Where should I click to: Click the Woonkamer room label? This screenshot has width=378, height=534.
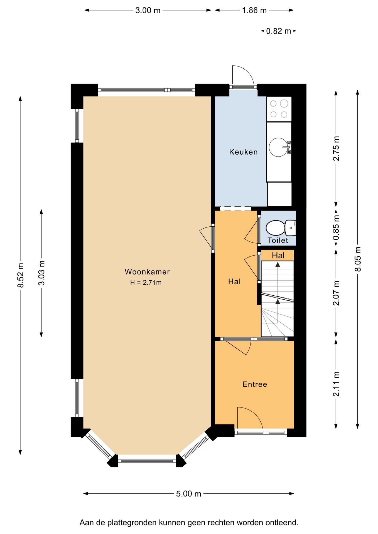[x=147, y=272]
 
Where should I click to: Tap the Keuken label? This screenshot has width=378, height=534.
[x=244, y=152]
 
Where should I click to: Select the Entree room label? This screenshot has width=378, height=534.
[x=255, y=384]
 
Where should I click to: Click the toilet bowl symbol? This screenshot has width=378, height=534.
[x=281, y=228]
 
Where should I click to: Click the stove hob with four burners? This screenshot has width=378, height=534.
[x=279, y=109]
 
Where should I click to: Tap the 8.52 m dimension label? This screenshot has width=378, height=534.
[x=20, y=275]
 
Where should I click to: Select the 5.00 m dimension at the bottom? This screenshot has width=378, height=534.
[x=188, y=494]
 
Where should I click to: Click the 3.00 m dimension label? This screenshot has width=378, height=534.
[x=148, y=10]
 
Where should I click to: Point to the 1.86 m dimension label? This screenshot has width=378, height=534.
[x=254, y=10]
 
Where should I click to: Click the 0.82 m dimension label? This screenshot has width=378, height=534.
[x=278, y=31]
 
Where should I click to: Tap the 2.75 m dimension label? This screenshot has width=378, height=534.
[x=336, y=148]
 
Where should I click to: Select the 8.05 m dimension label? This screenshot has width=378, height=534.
[x=358, y=259]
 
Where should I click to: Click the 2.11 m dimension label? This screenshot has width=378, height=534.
[x=336, y=384]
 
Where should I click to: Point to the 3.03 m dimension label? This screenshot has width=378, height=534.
[x=41, y=273]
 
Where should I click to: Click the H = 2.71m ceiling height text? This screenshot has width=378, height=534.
[x=146, y=283]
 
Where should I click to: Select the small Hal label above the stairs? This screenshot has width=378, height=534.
[x=278, y=255]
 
